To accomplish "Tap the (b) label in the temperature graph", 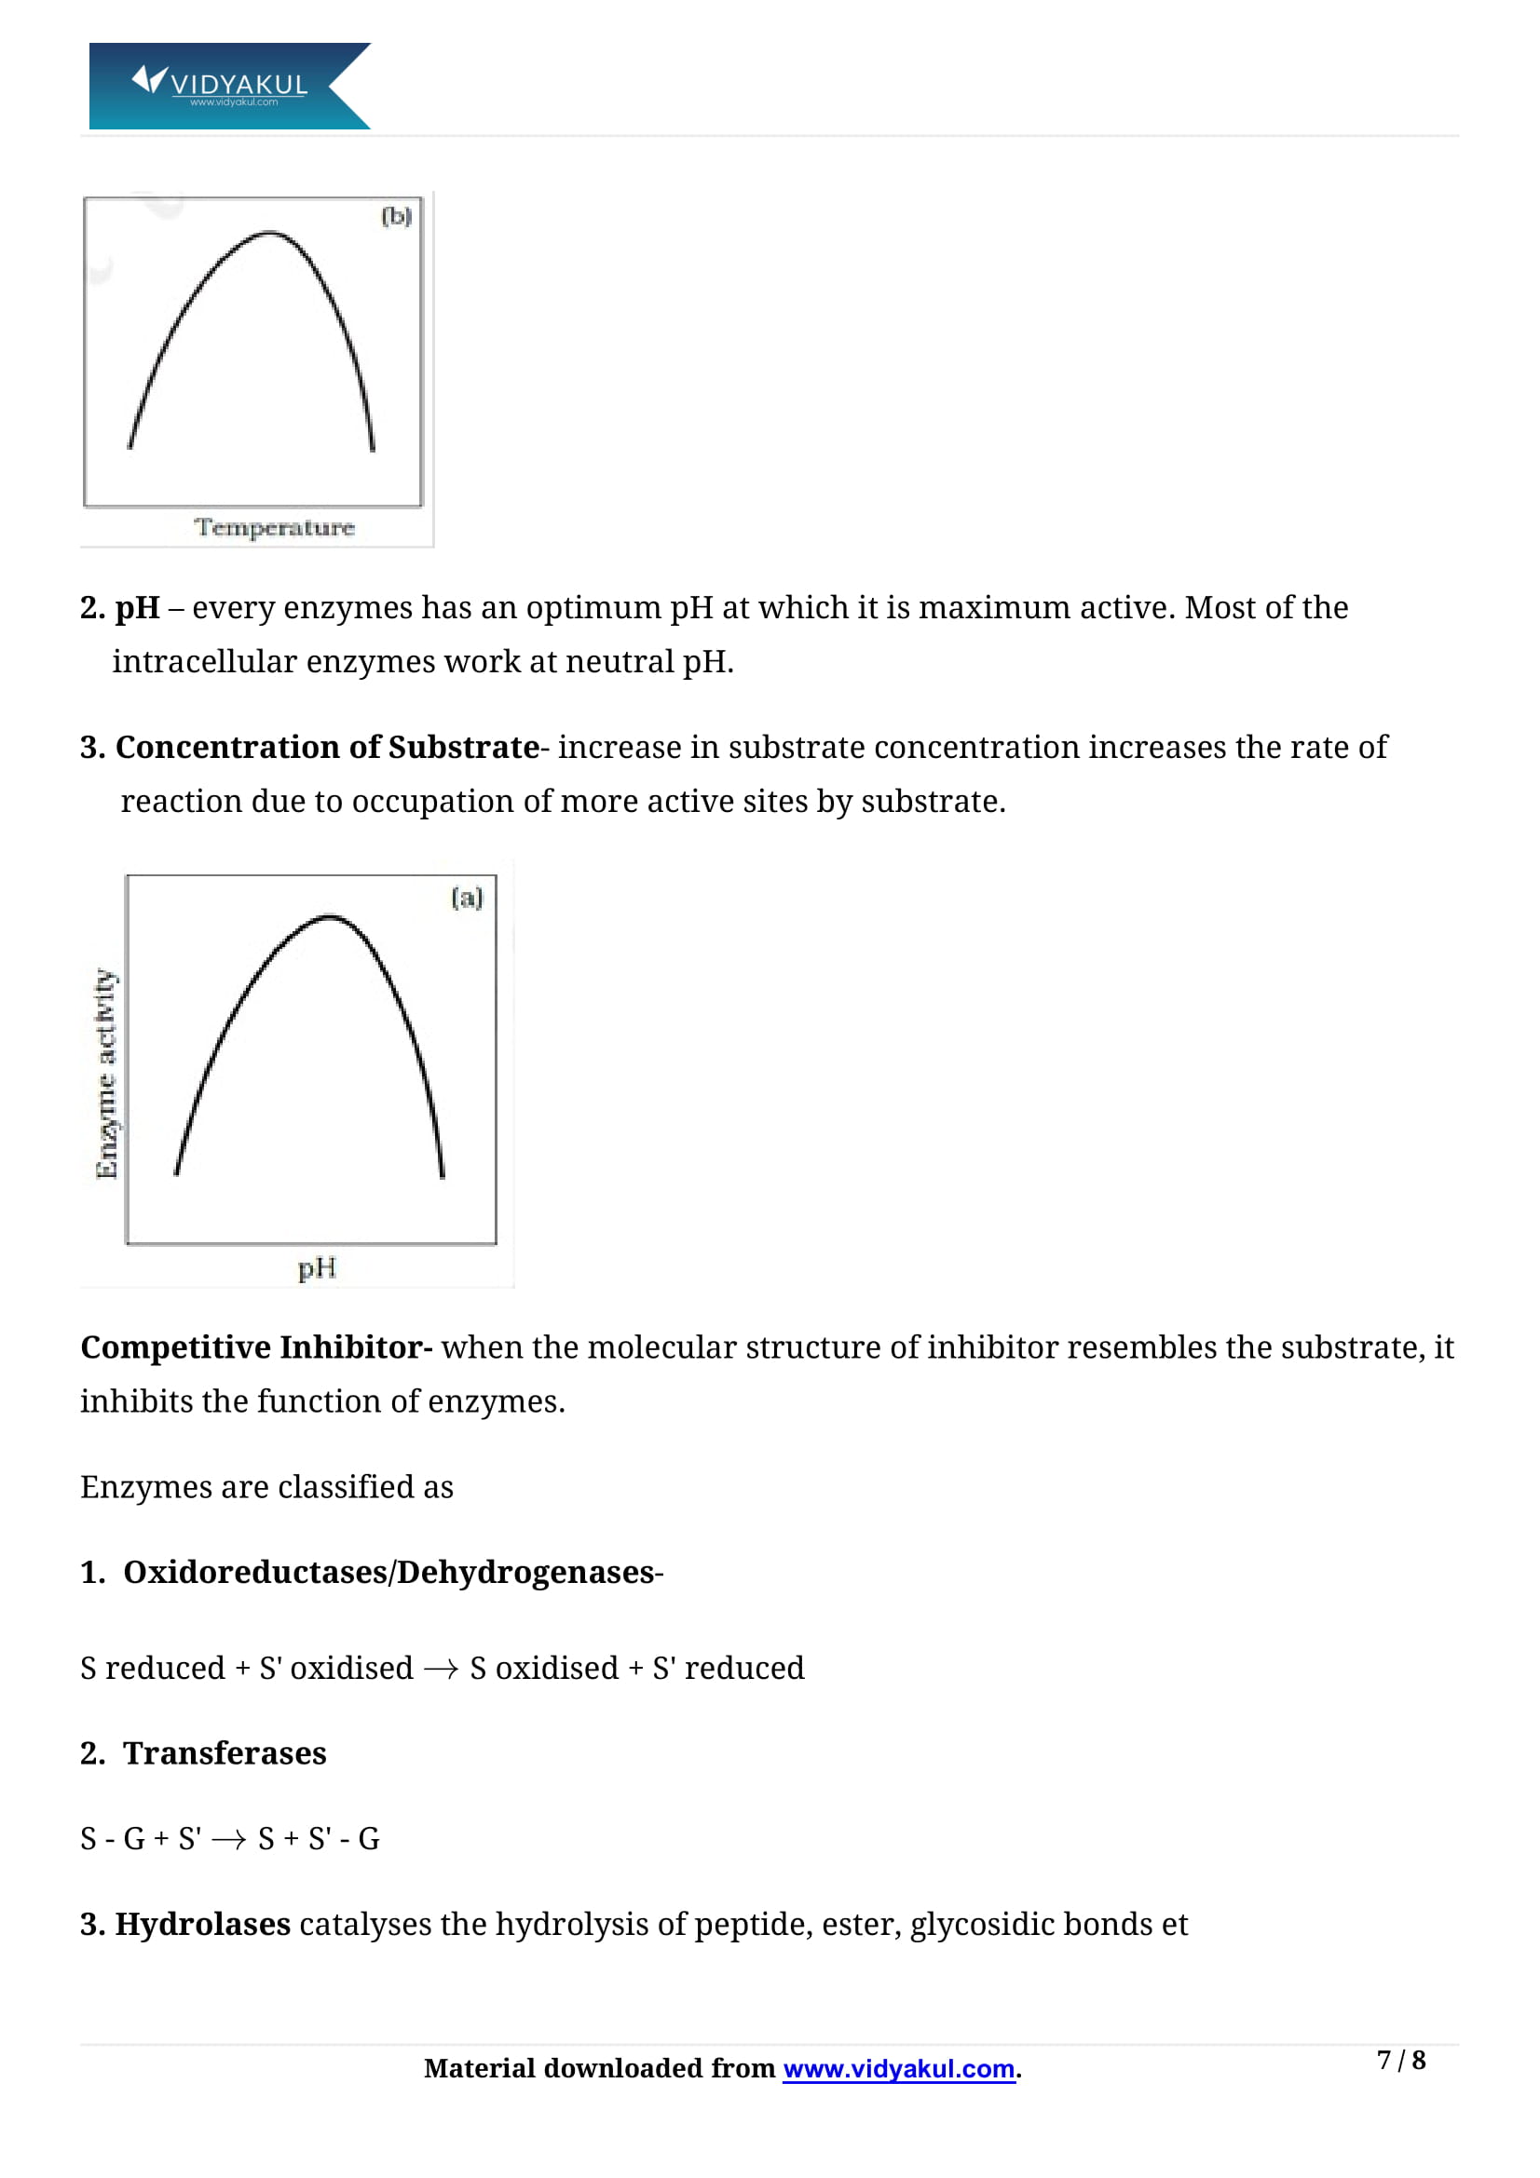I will coord(397,216).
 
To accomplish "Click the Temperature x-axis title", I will coord(274,527).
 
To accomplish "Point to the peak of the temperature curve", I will coord(269,233).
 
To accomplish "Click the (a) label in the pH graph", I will coord(467,898).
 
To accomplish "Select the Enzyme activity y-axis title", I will coord(106,1073).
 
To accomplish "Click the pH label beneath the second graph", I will coord(317,1268).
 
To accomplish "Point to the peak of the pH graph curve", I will coord(329,916).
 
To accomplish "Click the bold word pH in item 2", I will coord(138,608).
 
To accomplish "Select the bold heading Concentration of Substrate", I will coord(326,748).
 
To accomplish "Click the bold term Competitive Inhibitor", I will coord(256,1347).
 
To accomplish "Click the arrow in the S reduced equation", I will coord(442,1670).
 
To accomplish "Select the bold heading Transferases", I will coord(225,1753).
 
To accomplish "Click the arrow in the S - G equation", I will coord(228,1840).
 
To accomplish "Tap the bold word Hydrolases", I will coord(202,1924).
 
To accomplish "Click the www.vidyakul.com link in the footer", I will coord(899,2069).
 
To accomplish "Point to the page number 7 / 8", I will coord(1400,2061).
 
